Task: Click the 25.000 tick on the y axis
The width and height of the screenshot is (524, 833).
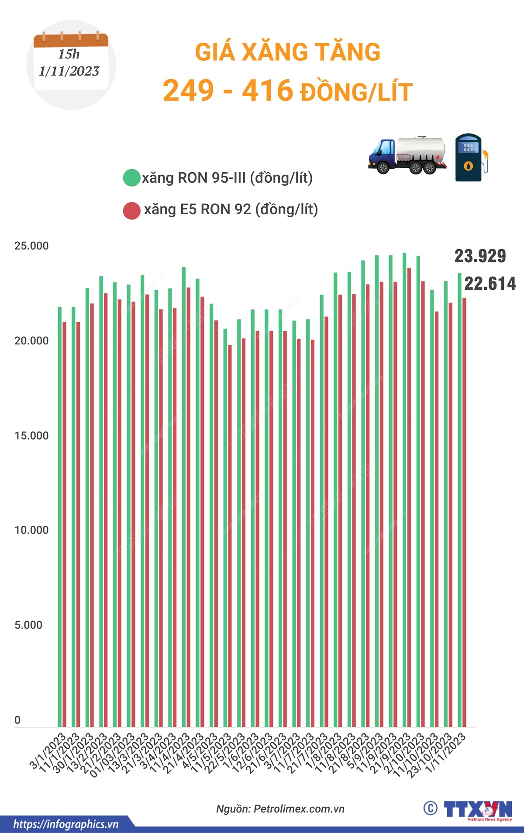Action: (31, 246)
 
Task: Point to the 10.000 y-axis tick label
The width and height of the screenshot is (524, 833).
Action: (31, 530)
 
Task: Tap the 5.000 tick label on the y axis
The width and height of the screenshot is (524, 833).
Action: (28, 625)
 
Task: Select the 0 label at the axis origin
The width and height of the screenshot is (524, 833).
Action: (17, 720)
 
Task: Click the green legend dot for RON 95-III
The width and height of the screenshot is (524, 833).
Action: (131, 178)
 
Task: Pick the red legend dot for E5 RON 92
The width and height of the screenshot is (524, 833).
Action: (131, 210)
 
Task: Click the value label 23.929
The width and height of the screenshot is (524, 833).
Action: (480, 256)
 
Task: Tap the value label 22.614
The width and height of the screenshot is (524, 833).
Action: (490, 284)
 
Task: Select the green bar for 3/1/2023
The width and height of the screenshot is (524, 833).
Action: (60, 516)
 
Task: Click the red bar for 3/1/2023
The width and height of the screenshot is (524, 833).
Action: (65, 524)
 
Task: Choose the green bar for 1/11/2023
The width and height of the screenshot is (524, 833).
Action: (459, 498)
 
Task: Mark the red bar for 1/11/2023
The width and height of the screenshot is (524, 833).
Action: (464, 511)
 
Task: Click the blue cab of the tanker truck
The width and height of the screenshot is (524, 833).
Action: (382, 153)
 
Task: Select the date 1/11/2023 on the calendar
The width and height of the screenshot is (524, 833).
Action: (69, 71)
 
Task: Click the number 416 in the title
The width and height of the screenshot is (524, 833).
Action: (267, 90)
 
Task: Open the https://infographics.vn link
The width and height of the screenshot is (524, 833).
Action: (65, 824)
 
